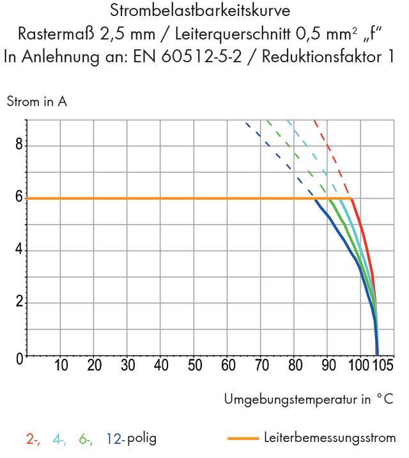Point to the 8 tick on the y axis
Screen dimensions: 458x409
click(x=19, y=145)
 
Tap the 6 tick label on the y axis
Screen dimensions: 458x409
click(x=19, y=198)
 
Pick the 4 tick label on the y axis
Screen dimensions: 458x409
click(x=19, y=250)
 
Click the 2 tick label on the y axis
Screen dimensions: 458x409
click(x=19, y=303)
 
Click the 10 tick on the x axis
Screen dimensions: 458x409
click(x=61, y=367)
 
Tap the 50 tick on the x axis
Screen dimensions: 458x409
click(x=194, y=367)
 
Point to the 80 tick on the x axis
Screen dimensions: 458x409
click(x=295, y=367)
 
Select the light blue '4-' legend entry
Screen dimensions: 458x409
click(x=59, y=439)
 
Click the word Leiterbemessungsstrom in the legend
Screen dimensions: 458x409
click(x=330, y=438)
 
